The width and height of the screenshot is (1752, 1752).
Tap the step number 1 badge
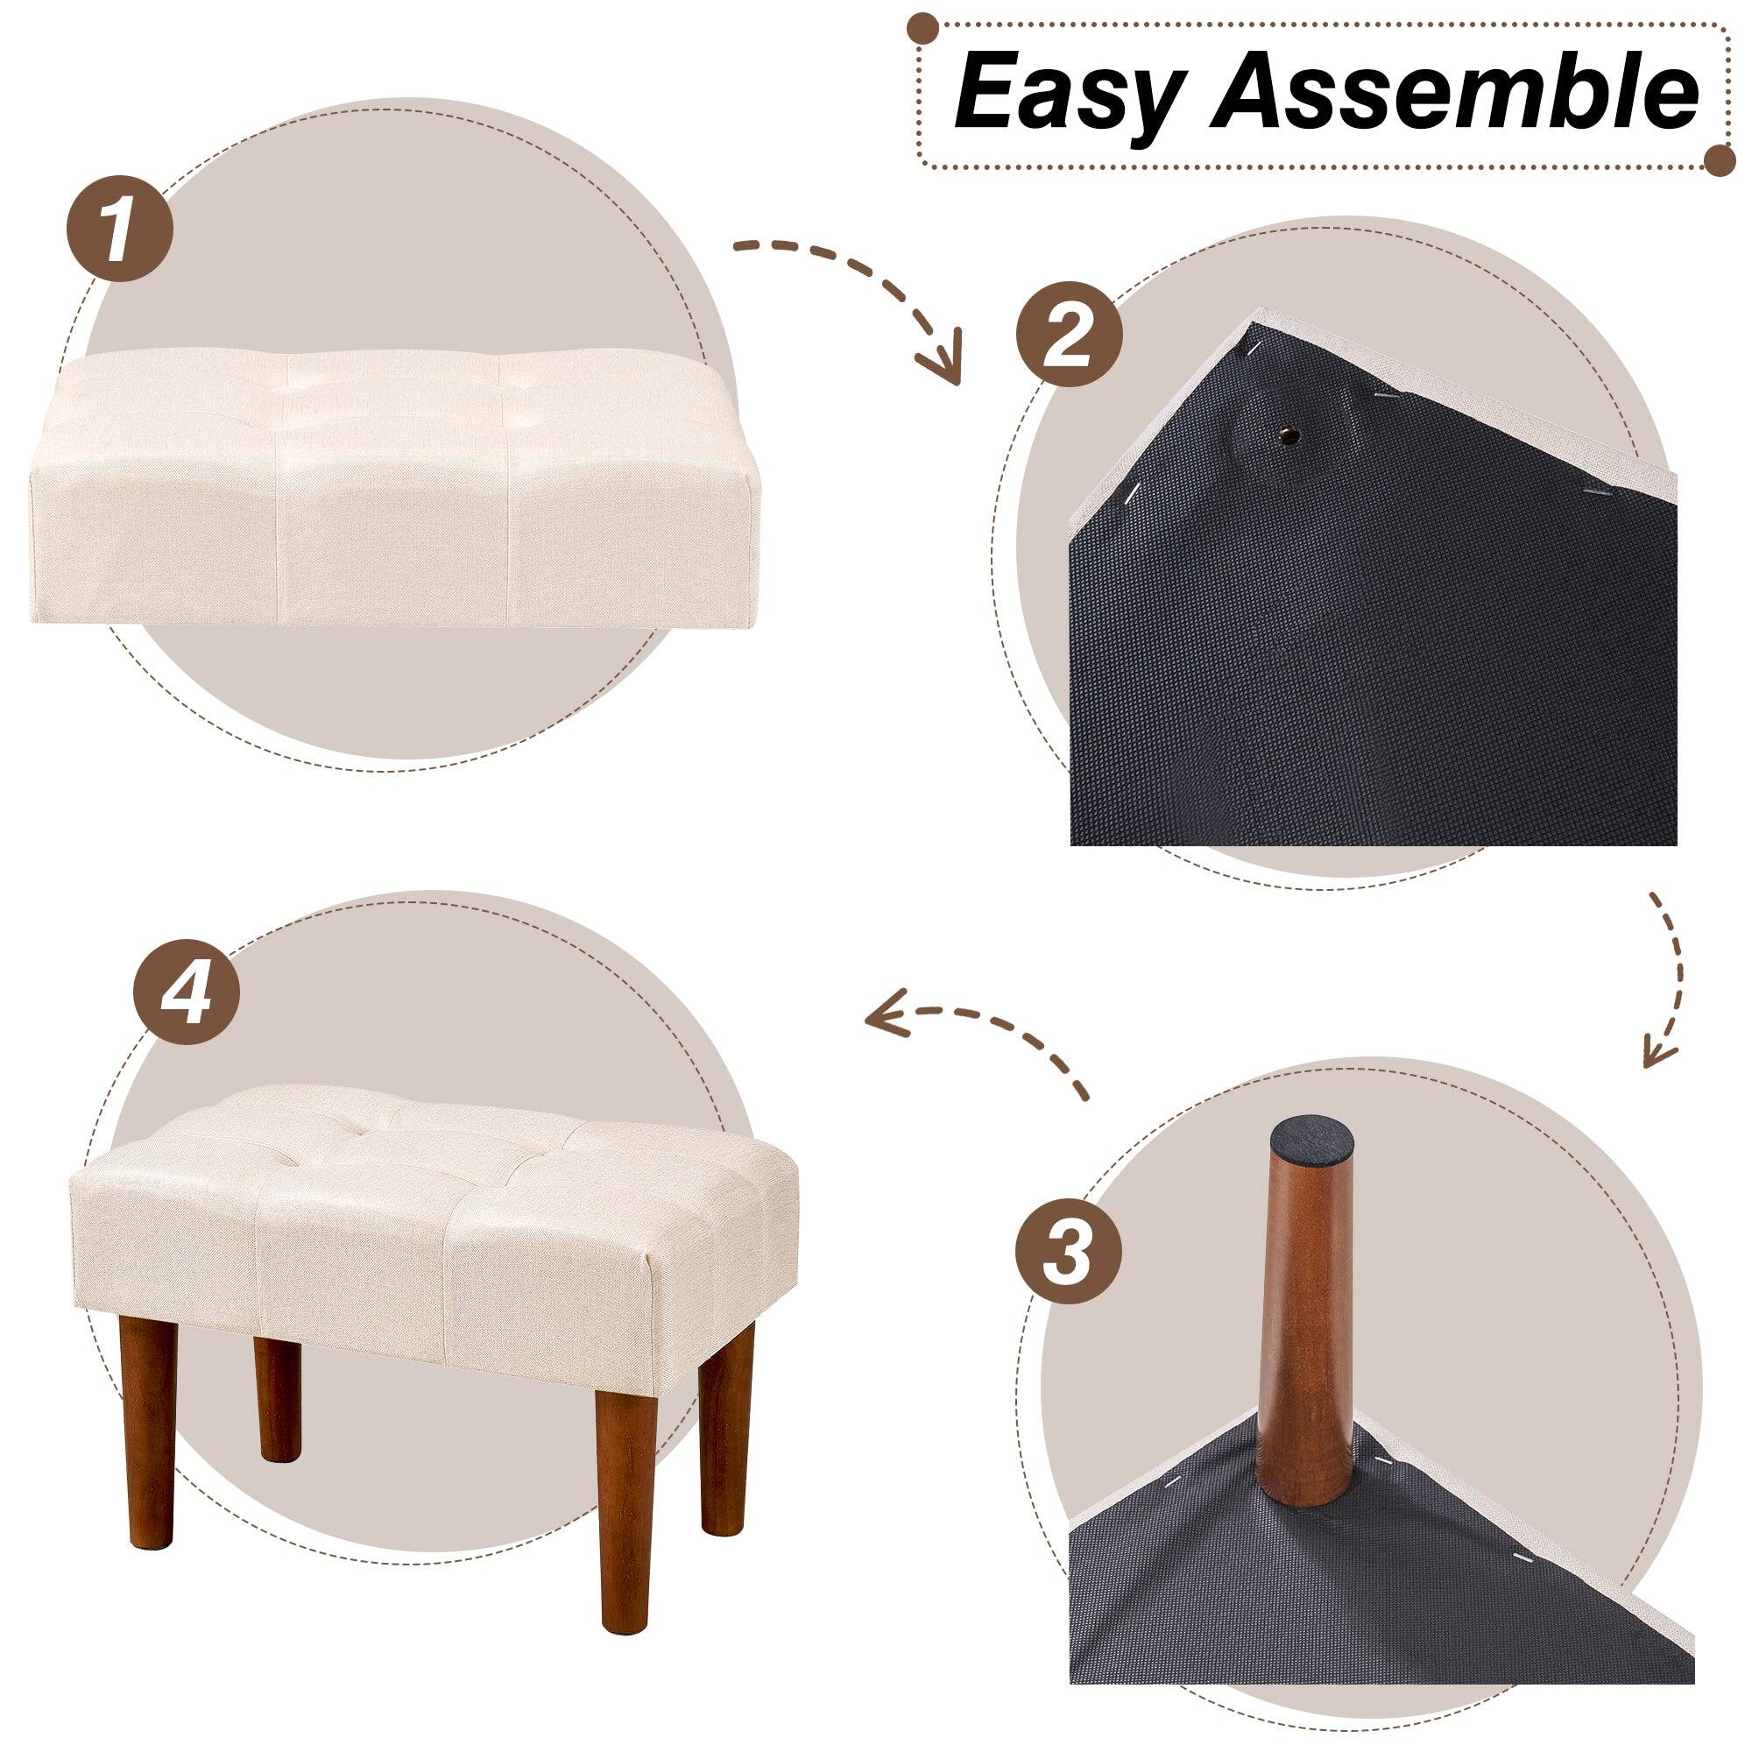coord(120,221)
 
